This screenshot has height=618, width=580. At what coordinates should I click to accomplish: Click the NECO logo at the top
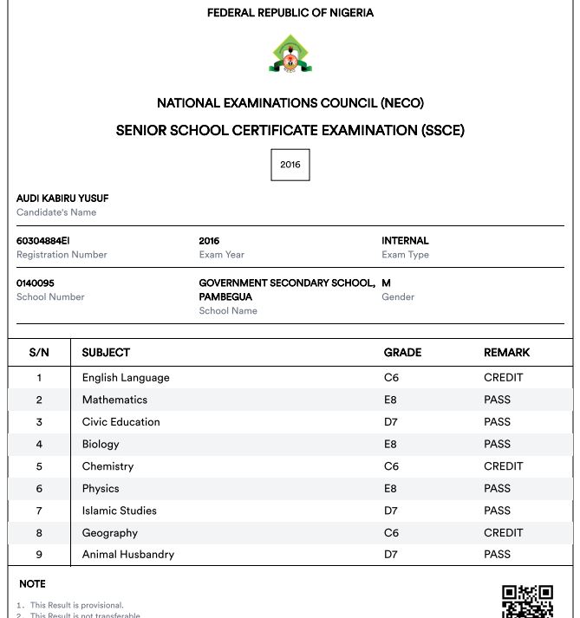tap(290, 54)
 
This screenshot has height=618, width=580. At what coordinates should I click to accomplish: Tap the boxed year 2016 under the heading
tap(290, 165)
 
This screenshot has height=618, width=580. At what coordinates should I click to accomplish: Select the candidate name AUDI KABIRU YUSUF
tap(62, 198)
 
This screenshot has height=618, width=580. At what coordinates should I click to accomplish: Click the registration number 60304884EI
tap(43, 241)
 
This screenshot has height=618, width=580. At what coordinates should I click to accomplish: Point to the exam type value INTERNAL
tap(405, 241)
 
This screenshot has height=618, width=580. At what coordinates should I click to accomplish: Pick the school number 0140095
tap(36, 283)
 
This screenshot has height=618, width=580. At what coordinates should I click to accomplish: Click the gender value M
tap(386, 283)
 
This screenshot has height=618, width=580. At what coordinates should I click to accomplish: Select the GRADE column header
tap(402, 353)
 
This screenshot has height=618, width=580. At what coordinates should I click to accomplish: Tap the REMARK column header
tap(506, 353)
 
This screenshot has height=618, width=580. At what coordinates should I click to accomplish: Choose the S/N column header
tap(39, 353)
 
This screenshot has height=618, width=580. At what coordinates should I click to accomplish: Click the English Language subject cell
tap(126, 378)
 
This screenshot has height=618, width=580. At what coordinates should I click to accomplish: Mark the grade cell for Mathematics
tap(390, 400)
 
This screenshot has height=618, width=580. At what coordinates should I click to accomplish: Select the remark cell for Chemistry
tap(503, 466)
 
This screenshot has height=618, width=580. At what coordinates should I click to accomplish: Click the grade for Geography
tap(390, 533)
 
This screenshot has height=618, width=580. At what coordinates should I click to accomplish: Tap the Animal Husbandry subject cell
tap(128, 555)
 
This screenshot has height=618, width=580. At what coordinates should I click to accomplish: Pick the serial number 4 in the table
tap(39, 445)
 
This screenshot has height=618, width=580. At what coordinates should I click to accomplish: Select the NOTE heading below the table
tap(32, 584)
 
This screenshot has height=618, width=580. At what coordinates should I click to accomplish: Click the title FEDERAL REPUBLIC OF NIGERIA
tap(290, 13)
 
